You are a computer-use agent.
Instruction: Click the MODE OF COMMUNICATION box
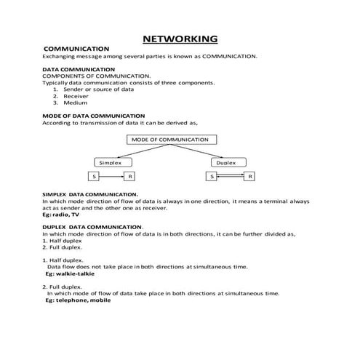(x=169, y=139)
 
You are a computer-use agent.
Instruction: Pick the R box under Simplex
(x=129, y=177)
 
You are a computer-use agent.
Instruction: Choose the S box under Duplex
(x=212, y=177)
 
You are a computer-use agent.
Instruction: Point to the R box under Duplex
(x=249, y=177)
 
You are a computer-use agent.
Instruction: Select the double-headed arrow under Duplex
(x=230, y=177)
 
